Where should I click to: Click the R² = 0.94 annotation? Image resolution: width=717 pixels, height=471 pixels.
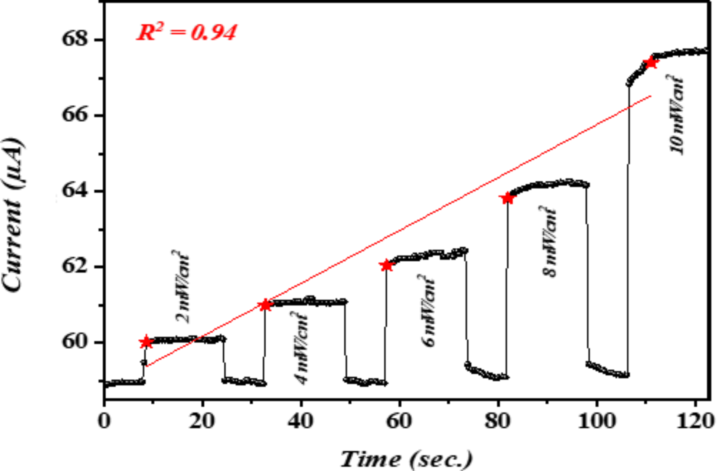point(187,32)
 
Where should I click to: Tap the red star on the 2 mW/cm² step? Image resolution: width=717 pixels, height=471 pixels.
point(146,342)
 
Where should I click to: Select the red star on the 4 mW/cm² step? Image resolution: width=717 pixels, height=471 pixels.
point(265,305)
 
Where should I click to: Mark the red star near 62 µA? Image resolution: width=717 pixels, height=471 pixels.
point(387,266)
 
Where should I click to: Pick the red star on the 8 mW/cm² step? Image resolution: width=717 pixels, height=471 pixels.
point(507,198)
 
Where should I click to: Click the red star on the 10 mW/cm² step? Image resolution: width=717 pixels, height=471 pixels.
point(651,63)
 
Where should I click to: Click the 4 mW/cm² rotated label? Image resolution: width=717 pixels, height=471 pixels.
point(302,348)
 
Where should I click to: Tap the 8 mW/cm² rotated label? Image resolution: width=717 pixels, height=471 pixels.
point(549,242)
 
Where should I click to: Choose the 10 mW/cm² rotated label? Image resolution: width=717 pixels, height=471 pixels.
point(677,114)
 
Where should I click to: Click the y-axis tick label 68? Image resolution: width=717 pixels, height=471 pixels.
point(75,39)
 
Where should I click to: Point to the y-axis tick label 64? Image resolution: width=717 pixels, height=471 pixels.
point(75,191)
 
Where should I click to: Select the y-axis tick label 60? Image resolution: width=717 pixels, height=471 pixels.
point(75,342)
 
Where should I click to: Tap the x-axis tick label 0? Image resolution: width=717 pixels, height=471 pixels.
point(104,421)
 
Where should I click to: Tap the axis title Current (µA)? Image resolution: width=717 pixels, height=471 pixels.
point(13,215)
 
